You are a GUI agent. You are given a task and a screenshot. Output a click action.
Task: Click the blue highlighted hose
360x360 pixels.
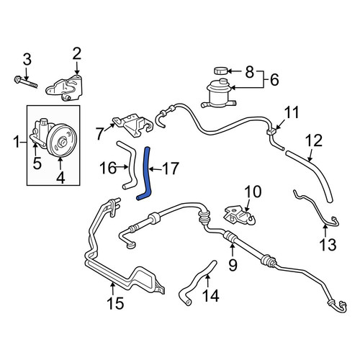click(x=146, y=173)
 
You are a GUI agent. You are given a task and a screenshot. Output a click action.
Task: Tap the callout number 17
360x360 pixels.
click(x=171, y=168)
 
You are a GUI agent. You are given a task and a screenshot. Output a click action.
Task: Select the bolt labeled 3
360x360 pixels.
click(x=26, y=82)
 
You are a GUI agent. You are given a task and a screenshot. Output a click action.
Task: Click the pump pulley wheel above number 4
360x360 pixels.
click(x=60, y=141)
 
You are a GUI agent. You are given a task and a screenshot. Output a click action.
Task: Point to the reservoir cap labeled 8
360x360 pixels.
click(x=221, y=71)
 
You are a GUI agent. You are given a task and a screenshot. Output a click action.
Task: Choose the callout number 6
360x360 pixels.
click(x=274, y=80)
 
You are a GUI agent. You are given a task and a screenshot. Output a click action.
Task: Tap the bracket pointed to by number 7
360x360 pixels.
click(x=133, y=125)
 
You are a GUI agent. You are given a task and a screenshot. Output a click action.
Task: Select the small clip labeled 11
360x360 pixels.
click(x=271, y=131)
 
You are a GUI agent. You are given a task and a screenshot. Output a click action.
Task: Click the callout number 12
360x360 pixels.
click(x=314, y=141)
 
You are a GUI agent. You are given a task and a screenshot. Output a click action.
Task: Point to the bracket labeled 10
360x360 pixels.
click(x=239, y=215)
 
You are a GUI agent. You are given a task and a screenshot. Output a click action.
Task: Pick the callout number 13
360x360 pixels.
click(x=328, y=245)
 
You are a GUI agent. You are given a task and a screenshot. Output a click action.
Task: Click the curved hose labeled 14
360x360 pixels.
click(x=197, y=283)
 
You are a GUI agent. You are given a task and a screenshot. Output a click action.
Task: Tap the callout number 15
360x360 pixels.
click(x=116, y=303)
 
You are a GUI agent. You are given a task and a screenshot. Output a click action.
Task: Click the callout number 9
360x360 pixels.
click(x=233, y=265)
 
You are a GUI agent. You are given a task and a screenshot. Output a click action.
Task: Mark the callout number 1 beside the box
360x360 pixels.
click(x=17, y=142)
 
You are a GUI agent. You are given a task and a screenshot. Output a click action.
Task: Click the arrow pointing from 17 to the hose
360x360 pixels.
click(x=155, y=169)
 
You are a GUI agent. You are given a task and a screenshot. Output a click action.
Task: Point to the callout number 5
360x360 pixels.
click(x=37, y=163)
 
